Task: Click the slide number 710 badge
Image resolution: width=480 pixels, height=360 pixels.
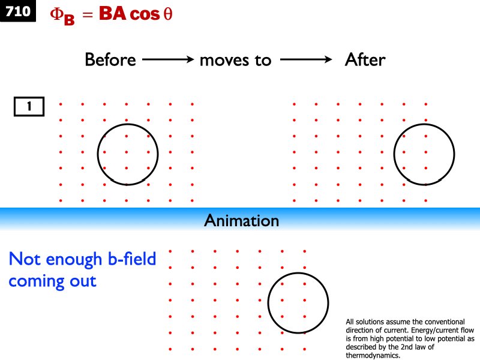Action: [18, 11]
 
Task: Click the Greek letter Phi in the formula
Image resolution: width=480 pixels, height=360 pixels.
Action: [57, 14]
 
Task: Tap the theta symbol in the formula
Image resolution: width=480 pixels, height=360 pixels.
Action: [168, 14]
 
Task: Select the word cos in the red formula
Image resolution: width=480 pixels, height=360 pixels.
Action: [145, 14]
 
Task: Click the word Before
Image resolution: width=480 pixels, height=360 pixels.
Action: [110, 59]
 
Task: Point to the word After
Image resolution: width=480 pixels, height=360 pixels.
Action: [365, 59]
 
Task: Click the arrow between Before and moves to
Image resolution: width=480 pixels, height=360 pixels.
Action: [168, 59]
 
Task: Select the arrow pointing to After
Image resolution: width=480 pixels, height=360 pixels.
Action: [306, 59]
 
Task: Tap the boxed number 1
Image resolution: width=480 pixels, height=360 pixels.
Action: [29, 107]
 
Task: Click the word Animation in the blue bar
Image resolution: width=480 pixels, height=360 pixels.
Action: [242, 220]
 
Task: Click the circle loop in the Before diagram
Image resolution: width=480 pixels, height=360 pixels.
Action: [128, 154]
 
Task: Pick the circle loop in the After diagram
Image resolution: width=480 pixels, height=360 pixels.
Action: [424, 154]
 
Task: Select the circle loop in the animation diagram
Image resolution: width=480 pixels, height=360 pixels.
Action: [298, 303]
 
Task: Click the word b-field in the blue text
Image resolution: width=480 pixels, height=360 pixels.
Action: [132, 259]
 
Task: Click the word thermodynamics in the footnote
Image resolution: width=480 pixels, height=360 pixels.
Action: [373, 356]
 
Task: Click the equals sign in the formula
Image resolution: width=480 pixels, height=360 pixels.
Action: [88, 14]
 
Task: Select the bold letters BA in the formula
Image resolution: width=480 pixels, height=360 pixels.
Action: [113, 14]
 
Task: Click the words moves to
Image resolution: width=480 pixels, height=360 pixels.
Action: [235, 61]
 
